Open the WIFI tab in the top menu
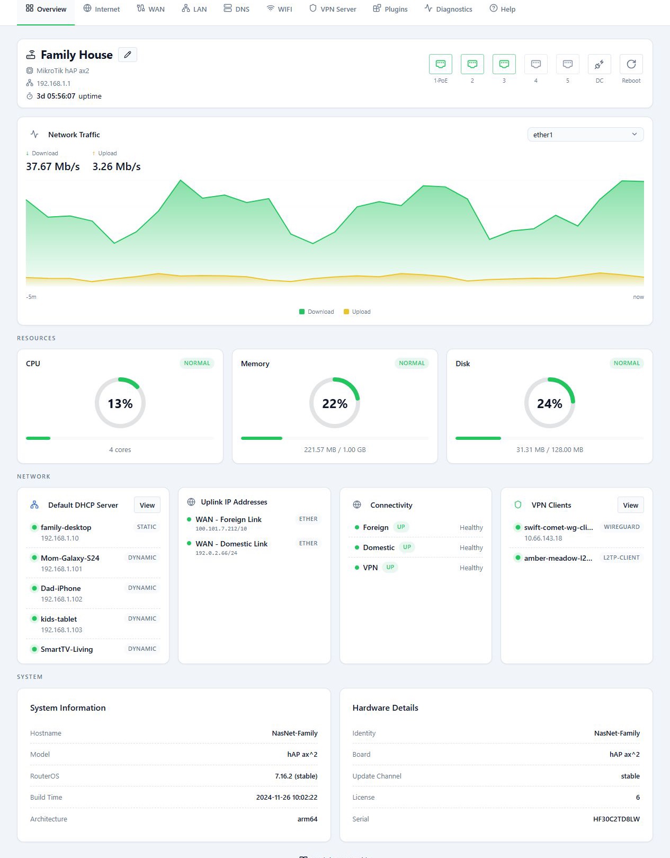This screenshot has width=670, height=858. coord(279,9)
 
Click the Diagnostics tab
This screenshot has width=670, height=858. coord(448,9)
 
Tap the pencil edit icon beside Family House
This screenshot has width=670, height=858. coord(128,55)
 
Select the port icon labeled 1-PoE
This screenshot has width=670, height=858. coord(440,64)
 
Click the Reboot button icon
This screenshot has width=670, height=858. coord(631,64)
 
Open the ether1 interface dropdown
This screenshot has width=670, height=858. coord(585,135)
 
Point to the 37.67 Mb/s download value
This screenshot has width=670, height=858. coord(53,166)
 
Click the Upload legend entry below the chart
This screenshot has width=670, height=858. coord(357,312)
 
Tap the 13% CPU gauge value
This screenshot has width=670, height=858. coord(120,403)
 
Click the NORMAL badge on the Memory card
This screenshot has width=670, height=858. coord(412,363)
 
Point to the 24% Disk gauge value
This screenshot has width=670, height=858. coord(549,403)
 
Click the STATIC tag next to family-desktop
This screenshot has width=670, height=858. coord(146,527)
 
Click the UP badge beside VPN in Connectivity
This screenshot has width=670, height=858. coord(390,568)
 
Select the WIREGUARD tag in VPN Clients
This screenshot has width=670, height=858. coord(621,527)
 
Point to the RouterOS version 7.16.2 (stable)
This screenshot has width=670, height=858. coord(296,776)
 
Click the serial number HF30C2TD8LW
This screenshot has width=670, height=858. coord(617,819)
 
